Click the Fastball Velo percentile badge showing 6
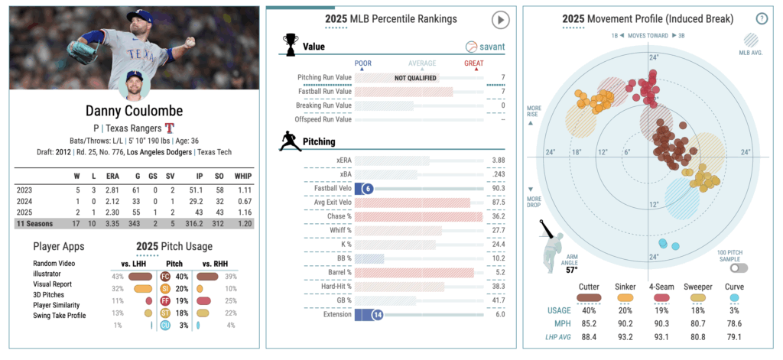coord(369,189)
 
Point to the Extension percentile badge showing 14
coord(376,314)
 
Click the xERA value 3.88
coord(498,161)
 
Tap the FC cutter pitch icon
coord(165,276)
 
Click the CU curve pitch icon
coord(165,326)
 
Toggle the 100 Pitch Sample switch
coord(738,268)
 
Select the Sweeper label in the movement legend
coord(697,287)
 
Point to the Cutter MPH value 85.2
coord(587,323)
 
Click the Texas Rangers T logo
coord(170,128)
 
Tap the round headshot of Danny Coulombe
coord(135,85)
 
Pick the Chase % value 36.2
coord(498,216)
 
